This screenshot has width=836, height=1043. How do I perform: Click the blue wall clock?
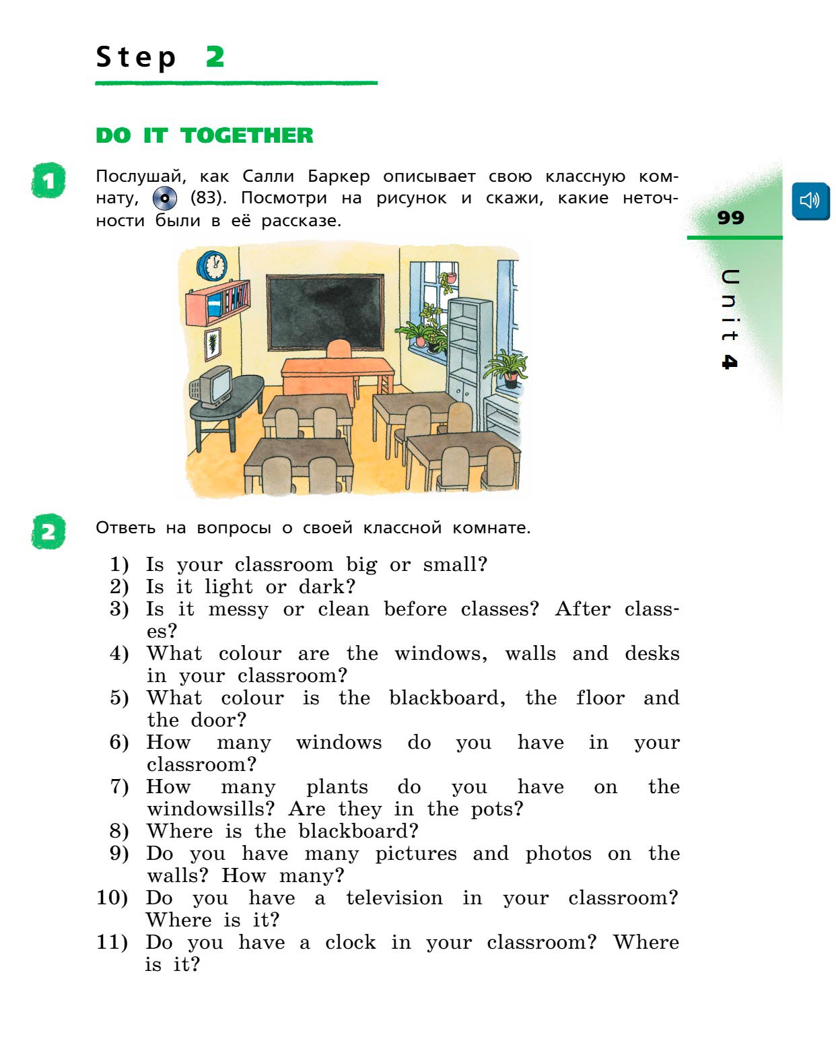point(212,265)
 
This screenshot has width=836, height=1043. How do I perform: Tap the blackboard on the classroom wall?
point(324,312)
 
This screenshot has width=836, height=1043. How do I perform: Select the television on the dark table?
point(212,386)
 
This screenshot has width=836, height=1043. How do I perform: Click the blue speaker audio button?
point(810,201)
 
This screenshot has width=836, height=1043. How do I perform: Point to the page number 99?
point(730,217)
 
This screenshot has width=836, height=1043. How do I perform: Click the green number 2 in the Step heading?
point(215,57)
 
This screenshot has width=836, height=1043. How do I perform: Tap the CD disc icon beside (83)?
point(165,198)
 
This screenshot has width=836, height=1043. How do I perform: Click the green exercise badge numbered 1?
point(48,180)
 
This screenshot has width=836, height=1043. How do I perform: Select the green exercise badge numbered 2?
point(48,531)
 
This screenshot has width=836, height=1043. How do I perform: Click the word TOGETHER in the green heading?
point(246,136)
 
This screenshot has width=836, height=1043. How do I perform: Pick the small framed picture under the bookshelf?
point(213,343)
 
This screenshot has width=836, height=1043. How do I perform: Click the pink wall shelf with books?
point(217,302)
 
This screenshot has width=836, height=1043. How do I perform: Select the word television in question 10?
point(394,898)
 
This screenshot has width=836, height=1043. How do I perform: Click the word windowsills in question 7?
point(211,809)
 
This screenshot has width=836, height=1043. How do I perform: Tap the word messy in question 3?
point(238,610)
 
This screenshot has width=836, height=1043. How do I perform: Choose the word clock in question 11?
point(351,942)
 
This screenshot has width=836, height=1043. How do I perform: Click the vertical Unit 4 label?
point(730,319)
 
